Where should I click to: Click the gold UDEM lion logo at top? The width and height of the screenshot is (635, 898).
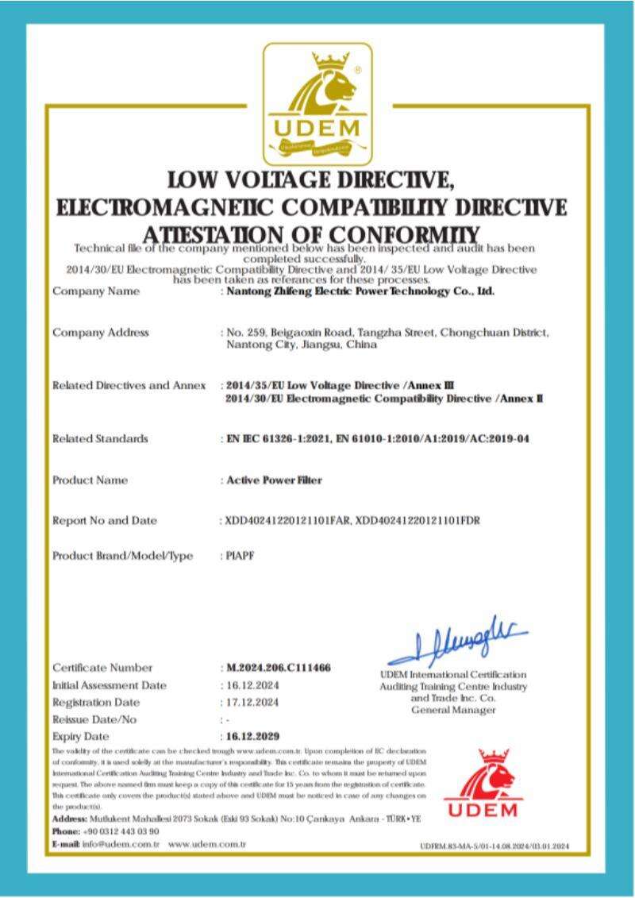[317, 101]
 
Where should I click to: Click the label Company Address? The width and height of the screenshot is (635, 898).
[100, 332]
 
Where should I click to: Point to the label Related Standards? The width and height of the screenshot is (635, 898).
[100, 438]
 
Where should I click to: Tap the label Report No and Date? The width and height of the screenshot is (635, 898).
[105, 521]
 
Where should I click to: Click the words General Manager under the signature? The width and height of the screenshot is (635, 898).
[453, 709]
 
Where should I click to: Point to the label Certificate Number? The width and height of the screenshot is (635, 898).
[102, 668]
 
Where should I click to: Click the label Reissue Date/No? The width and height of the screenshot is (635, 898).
[94, 719]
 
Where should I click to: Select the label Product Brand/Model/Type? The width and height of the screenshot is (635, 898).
[122, 556]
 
